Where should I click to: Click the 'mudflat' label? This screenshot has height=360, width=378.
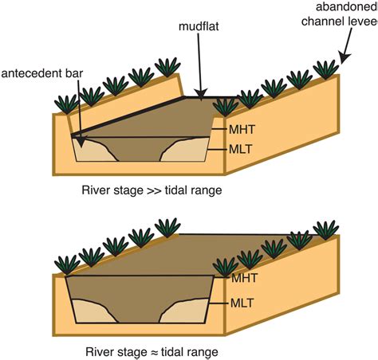[x=199, y=26]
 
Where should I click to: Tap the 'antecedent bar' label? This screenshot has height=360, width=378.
[x=42, y=73]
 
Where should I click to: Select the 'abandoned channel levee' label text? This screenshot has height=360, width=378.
[x=340, y=14]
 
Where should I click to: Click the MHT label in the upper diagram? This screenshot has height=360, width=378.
[x=242, y=130]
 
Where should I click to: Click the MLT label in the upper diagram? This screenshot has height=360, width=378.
[x=241, y=149]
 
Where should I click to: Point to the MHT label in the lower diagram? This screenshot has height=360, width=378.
[x=244, y=278]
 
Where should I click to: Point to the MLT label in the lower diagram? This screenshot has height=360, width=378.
[x=242, y=303]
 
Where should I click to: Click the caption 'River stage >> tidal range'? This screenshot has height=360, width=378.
[x=152, y=190]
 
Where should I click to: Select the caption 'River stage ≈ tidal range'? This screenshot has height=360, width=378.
[x=152, y=352]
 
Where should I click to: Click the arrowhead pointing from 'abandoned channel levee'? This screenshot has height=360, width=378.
[x=345, y=58]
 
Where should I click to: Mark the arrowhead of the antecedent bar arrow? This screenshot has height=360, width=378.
[x=81, y=142]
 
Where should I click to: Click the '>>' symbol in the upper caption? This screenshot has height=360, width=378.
[x=154, y=191]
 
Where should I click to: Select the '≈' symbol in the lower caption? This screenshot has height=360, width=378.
[x=154, y=353]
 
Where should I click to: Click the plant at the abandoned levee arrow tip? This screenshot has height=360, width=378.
[x=326, y=69]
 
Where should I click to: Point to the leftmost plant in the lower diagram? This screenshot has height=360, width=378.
[x=67, y=264]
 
